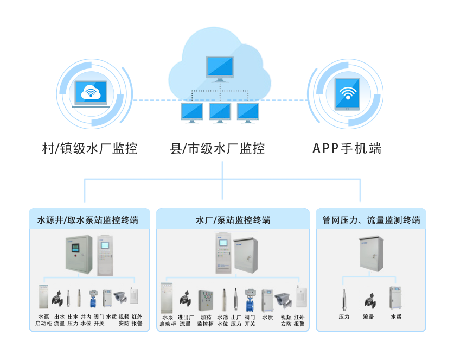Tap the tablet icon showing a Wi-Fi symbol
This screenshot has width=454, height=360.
347,93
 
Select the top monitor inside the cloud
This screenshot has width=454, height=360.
220,68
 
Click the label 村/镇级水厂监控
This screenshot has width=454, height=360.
89,148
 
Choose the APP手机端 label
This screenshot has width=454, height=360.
347,148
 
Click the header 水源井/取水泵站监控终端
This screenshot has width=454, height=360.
87,220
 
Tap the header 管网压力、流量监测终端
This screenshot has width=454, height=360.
371,220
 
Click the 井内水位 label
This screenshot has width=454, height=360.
86,320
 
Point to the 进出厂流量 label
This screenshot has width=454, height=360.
186,320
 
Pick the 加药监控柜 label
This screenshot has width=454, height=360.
205,320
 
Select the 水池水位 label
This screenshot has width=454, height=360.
223,320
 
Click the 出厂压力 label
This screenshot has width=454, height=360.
236,320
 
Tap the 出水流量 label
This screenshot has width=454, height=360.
59,320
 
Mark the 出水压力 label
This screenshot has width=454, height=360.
73,320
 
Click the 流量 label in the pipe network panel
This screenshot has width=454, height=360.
369,317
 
